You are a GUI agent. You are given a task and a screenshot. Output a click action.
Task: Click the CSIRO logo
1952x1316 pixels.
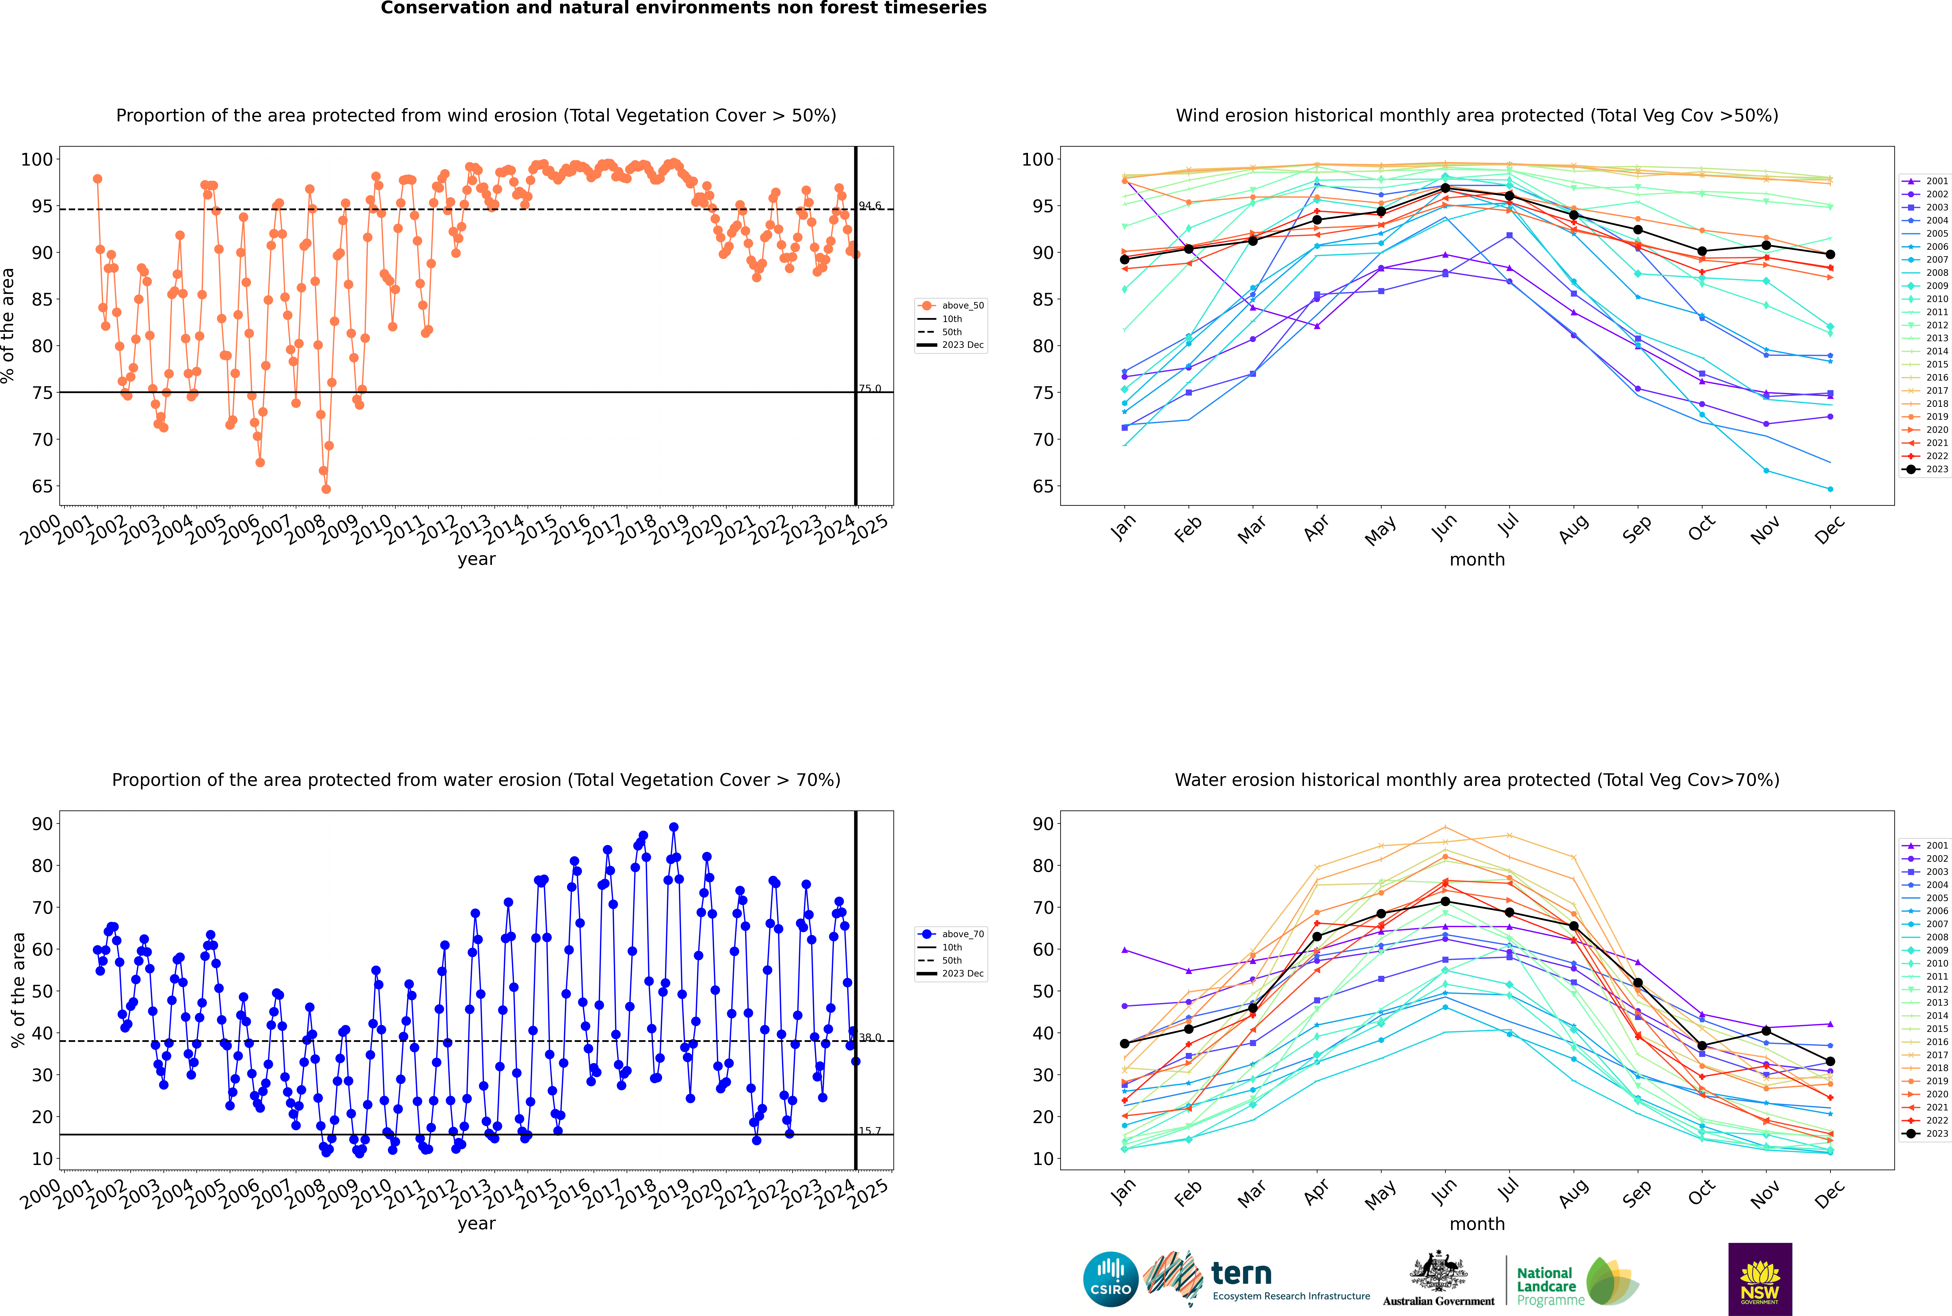pyautogui.click(x=1110, y=1279)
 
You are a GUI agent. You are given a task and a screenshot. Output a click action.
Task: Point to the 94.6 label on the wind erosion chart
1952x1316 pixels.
pyautogui.click(x=869, y=206)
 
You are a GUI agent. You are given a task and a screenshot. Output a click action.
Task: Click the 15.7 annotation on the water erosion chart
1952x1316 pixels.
pyautogui.click(x=869, y=1131)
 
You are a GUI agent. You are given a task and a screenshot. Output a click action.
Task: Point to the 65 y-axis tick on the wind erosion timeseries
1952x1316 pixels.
pyautogui.click(x=42, y=487)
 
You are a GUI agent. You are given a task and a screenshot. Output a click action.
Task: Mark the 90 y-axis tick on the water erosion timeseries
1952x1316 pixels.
pyautogui.click(x=42, y=823)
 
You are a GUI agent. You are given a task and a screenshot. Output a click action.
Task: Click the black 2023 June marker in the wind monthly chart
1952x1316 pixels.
pyautogui.click(x=1445, y=188)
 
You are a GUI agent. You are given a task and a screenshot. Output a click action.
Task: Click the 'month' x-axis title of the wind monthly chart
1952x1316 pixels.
pyautogui.click(x=1477, y=560)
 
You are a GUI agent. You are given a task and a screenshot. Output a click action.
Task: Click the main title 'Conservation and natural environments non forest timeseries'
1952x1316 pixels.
pyautogui.click(x=684, y=8)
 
